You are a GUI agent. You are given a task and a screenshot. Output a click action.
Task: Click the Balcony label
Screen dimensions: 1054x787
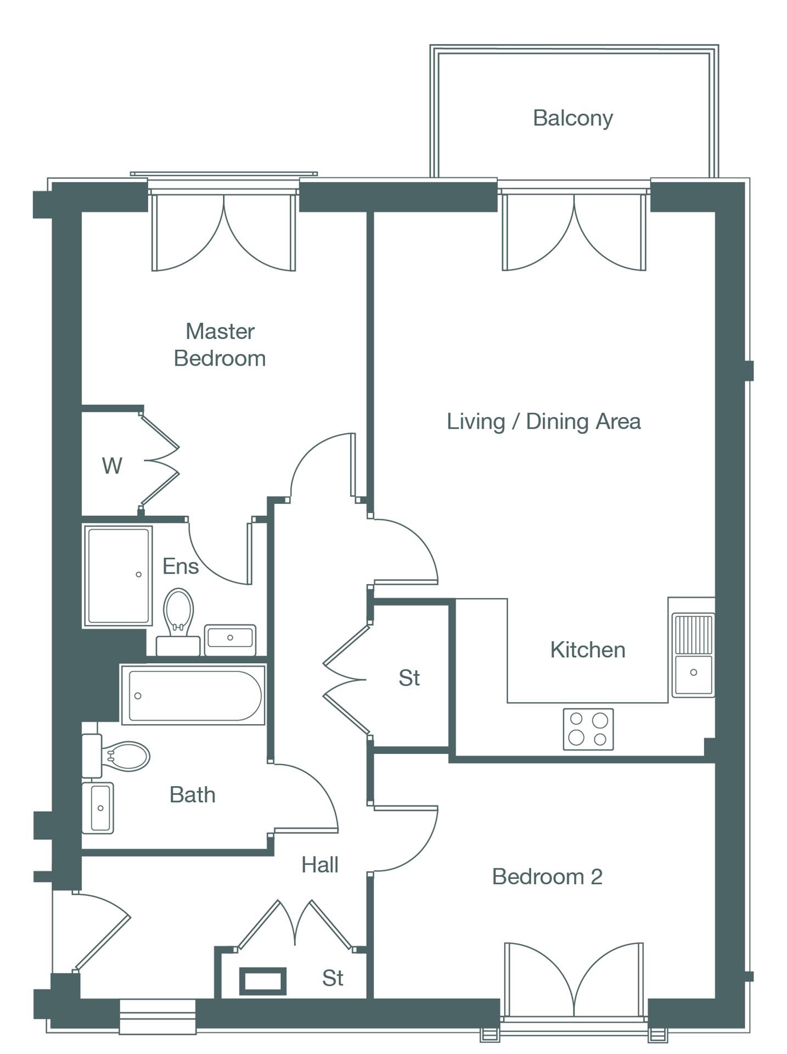pos(572,118)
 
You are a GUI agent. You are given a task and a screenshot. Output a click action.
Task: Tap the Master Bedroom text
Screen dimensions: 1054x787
pos(220,345)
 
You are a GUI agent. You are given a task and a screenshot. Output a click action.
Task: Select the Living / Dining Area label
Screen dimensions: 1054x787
pos(543,422)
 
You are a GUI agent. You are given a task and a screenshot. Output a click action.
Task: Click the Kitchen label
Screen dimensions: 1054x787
pos(587,650)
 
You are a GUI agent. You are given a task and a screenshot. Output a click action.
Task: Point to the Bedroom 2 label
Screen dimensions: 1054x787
pos(547,877)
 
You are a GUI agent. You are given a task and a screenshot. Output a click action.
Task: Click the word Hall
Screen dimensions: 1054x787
pos(319,865)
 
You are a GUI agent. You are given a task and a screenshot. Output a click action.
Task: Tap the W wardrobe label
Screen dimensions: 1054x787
pos(112,466)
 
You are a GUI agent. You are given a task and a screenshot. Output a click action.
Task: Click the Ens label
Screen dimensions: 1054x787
pos(180,566)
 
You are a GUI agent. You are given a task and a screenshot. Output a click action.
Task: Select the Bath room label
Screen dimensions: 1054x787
pos(192,795)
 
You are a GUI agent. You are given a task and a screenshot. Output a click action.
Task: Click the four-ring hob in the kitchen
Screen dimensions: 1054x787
pos(588,729)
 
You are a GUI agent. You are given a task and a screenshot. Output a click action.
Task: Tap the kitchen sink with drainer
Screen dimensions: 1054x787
pos(693,655)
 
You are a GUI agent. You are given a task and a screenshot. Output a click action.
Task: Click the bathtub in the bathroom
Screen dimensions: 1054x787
pos(193,695)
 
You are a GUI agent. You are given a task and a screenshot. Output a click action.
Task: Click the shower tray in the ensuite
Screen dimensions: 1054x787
pos(118,575)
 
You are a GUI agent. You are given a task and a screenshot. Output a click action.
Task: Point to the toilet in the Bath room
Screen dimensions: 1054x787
pos(121,756)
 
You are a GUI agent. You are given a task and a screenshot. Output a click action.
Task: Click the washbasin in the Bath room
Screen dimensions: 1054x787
pos(99,808)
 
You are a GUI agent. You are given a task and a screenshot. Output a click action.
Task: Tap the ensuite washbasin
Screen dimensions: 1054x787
pos(230,639)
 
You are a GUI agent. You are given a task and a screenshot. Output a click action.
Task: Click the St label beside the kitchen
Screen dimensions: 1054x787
pos(409,678)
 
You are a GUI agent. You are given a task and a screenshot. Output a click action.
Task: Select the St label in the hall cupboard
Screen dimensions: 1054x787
pos(333,978)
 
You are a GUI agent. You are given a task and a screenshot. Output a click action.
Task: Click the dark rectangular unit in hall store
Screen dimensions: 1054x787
pos(263,980)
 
